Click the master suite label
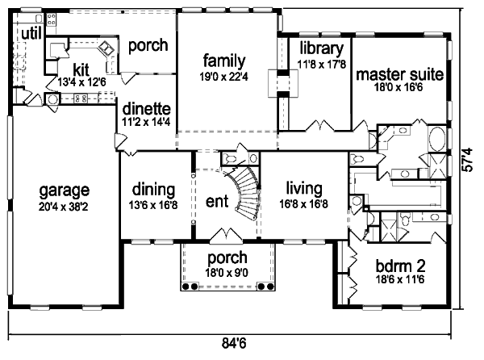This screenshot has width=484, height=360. pyautogui.click(x=399, y=75)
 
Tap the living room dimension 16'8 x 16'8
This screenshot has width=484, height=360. pyautogui.click(x=302, y=204)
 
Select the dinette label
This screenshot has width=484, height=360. pyautogui.click(x=146, y=107)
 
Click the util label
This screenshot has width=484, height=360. pyautogui.click(x=31, y=32)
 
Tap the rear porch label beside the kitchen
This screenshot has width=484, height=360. pyautogui.click(x=148, y=44)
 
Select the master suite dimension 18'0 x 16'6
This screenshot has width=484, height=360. pyautogui.click(x=399, y=89)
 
